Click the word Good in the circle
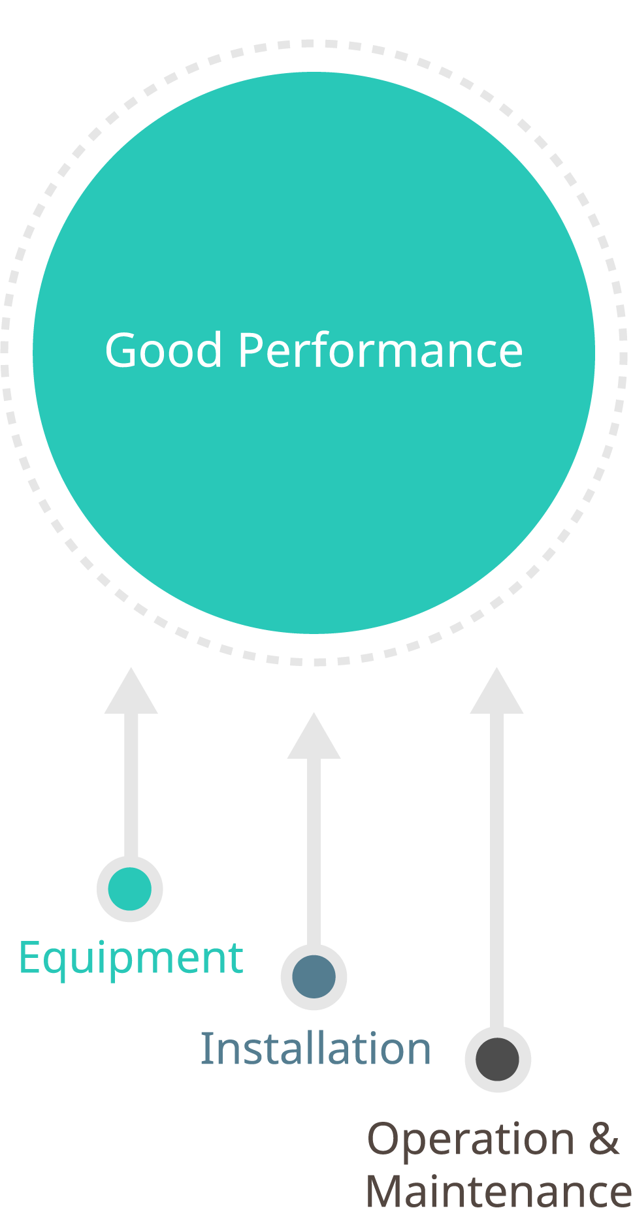[163, 351]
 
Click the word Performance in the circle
[380, 351]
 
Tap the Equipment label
[131, 959]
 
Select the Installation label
[316, 1049]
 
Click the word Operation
[471, 1139]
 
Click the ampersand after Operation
[604, 1139]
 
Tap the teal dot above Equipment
[130, 889]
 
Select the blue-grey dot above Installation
[314, 977]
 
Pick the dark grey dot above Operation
[498, 1059]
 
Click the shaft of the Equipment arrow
[131, 784]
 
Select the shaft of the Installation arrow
[314, 849]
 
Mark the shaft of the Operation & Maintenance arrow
[497, 868]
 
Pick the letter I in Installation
[204, 1049]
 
